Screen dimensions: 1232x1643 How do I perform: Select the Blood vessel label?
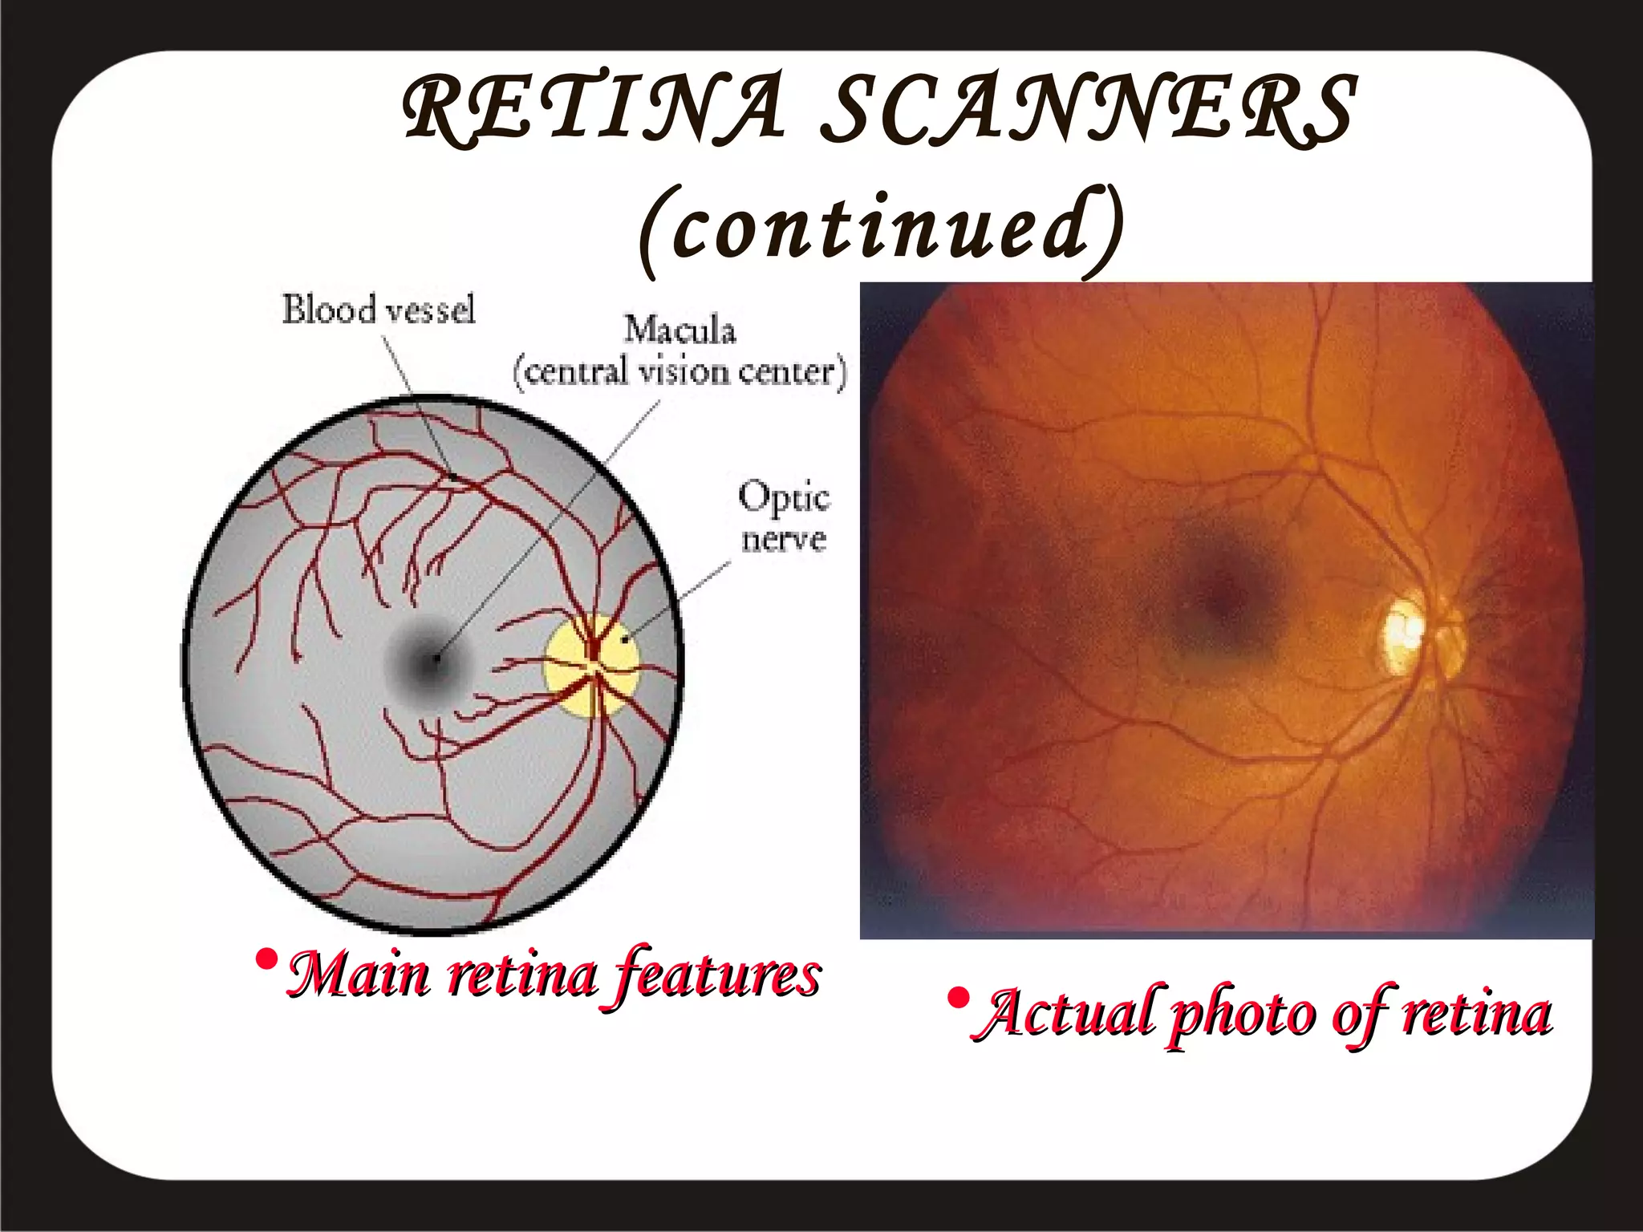click(378, 310)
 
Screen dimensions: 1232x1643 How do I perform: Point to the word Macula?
click(680, 330)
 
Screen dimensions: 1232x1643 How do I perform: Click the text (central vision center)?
click(680, 372)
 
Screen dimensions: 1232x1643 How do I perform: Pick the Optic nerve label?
click(783, 517)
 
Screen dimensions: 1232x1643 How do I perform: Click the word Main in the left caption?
click(358, 975)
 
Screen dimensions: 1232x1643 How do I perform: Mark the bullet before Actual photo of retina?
click(957, 999)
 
